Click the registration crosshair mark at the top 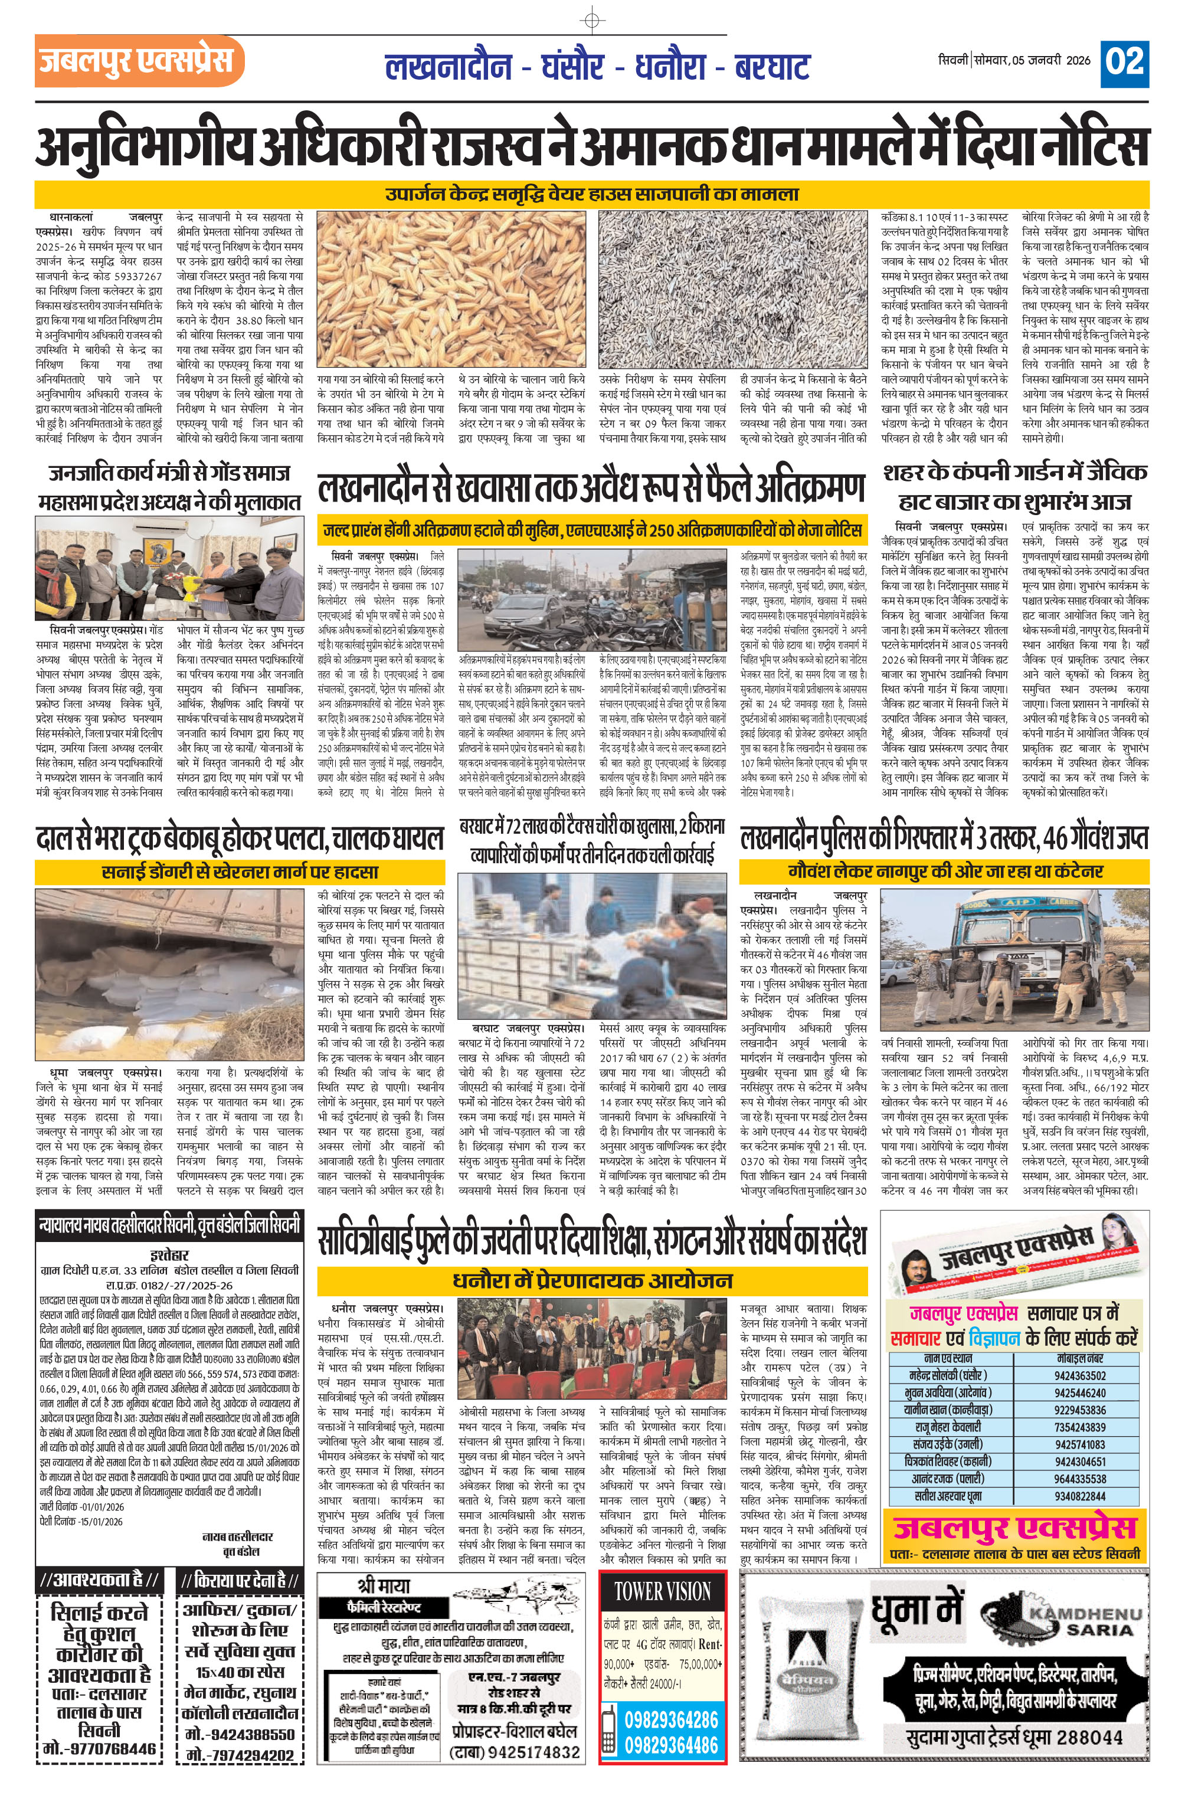592,18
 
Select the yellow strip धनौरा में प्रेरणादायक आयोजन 592,1280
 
